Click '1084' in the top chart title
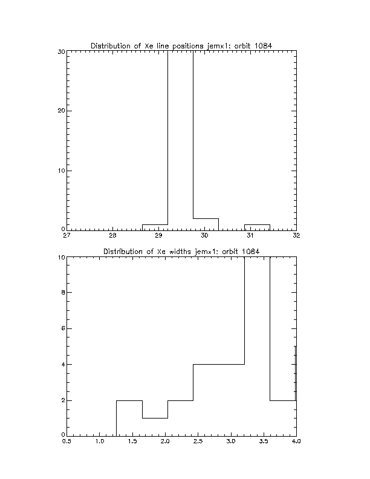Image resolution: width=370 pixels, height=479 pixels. (x=263, y=46)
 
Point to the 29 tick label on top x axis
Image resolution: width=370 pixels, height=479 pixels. (x=158, y=235)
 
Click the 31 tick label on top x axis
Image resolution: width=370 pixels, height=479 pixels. (x=250, y=235)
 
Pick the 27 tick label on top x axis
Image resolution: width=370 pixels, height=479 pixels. (x=67, y=235)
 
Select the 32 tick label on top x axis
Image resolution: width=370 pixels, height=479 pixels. (x=296, y=235)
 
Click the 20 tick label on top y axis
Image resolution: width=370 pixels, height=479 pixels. (x=61, y=111)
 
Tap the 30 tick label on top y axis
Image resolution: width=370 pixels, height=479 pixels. (x=61, y=51)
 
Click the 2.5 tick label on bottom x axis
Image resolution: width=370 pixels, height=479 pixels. (x=198, y=441)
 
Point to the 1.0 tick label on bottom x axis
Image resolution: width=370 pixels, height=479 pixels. (x=100, y=441)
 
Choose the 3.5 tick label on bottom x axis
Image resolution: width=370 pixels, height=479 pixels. (x=264, y=441)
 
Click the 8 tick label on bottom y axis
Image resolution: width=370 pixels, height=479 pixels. (x=63, y=292)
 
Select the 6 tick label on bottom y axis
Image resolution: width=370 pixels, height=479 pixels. (x=63, y=328)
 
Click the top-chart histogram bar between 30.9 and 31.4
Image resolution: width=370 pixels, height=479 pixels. (x=257, y=225)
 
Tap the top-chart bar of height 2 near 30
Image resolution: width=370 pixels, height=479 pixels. (x=206, y=219)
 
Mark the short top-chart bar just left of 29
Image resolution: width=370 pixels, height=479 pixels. (x=155, y=225)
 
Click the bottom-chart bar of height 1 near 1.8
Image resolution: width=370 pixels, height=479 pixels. (x=155, y=418)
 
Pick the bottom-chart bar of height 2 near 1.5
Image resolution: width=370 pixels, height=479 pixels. (x=129, y=400)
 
